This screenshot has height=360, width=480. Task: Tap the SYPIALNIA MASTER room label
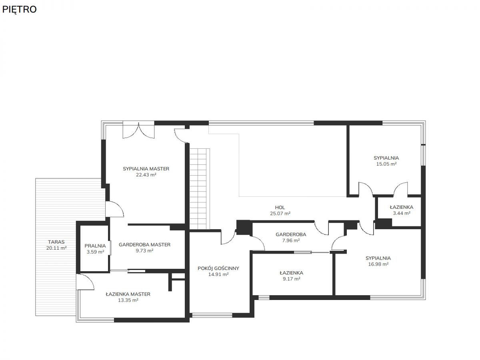coord(146,169)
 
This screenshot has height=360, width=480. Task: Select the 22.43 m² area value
coord(146,175)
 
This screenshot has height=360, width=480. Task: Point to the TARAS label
coord(56,242)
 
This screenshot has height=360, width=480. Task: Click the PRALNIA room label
coord(95,246)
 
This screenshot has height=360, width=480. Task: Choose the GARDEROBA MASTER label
coord(144,244)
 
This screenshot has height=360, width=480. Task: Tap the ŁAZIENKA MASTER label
coord(128,294)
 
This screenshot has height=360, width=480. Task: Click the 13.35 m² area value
coord(128,300)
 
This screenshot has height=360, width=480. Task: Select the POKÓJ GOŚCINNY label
coord(218,268)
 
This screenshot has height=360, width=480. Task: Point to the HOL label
coord(280,208)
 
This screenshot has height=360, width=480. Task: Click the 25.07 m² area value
coord(280,213)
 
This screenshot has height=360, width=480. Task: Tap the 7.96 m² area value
coord(291,240)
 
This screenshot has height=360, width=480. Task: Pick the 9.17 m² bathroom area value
coord(291,279)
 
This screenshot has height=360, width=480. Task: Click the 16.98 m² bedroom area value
coord(378,264)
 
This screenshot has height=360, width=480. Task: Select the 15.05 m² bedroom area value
coord(386,164)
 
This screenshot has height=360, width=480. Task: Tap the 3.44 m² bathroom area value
coord(402,213)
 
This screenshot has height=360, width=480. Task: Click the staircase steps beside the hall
coord(198,189)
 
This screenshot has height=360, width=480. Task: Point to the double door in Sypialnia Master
coord(139,131)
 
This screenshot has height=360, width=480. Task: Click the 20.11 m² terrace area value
coord(56,248)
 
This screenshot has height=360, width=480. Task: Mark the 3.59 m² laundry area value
coord(95,252)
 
